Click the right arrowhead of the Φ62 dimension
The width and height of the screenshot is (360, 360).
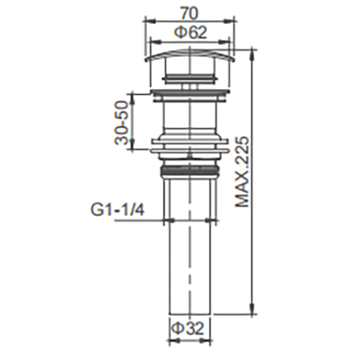[228, 40]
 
